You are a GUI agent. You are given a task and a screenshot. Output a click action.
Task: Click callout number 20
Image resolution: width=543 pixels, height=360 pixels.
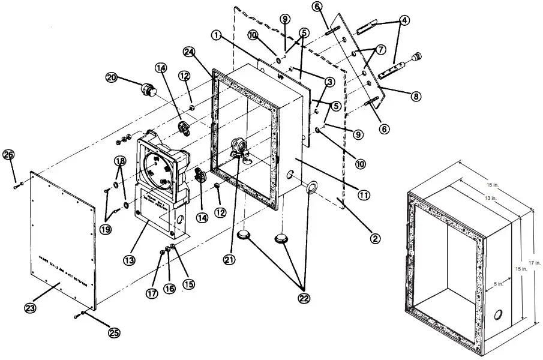pos(111,77)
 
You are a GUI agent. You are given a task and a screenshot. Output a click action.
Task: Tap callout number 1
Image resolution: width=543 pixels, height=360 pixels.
pos(216,35)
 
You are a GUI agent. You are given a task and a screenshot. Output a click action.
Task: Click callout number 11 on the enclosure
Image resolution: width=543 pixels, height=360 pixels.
pos(364,194)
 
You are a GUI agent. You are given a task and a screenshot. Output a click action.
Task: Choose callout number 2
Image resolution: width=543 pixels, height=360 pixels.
pos(374,238)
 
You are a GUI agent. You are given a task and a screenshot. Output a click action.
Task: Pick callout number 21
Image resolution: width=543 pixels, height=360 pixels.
pos(228,259)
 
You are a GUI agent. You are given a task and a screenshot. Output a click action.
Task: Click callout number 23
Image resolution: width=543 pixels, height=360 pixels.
pos(31,308)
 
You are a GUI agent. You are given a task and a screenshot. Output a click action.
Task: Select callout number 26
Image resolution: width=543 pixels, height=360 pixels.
pos(8,155)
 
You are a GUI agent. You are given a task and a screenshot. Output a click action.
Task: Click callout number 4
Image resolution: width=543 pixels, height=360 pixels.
pos(406,20)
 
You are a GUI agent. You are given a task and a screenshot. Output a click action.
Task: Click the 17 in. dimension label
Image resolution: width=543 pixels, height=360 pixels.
pos(534,262)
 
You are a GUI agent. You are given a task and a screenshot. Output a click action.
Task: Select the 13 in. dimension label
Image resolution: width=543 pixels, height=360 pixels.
pos(490,197)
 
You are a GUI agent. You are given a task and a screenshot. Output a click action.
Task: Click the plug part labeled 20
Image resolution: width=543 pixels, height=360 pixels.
pos(146,90)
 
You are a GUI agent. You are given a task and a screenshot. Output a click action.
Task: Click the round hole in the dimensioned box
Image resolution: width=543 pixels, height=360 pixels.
pos(497,316)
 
